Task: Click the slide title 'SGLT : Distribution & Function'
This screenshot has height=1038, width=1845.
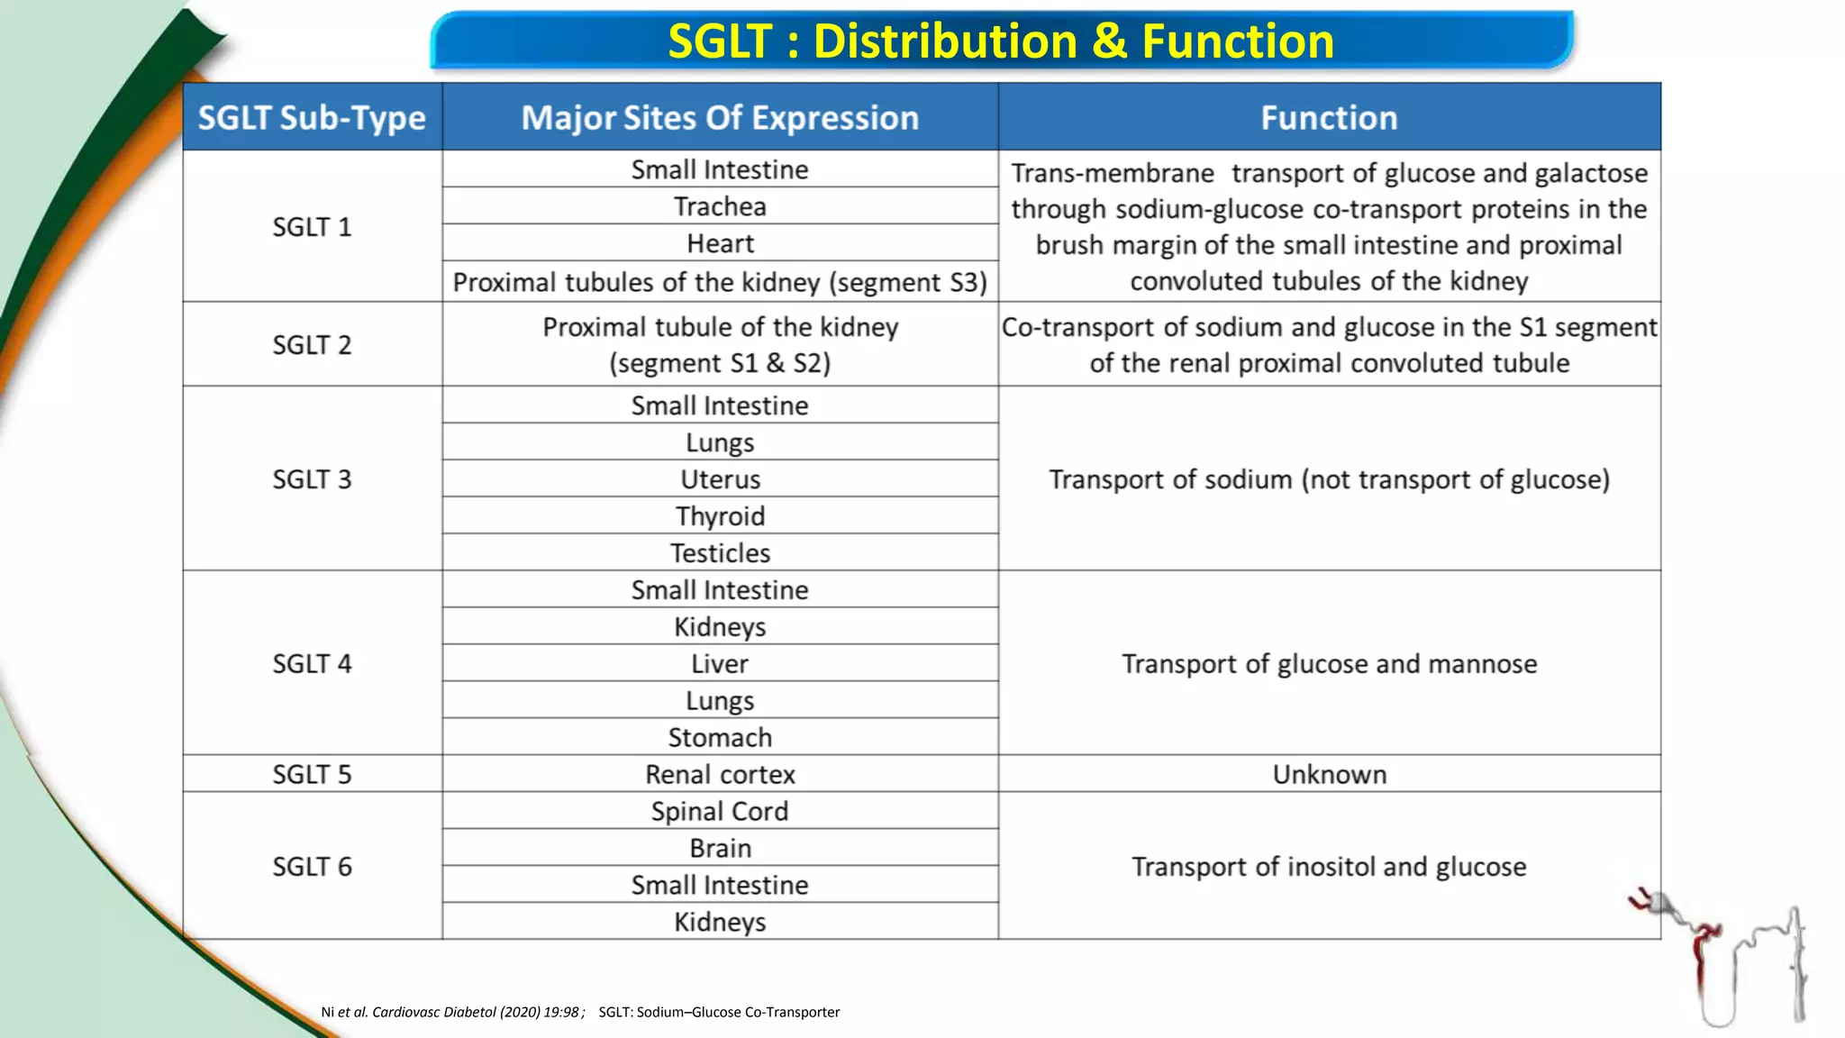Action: (1001, 41)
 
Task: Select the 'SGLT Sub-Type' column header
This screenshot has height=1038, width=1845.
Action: (312, 118)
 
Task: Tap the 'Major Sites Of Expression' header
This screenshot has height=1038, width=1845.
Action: (720, 118)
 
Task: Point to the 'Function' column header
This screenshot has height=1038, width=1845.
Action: (1329, 118)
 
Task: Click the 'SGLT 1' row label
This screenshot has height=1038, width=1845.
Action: (312, 227)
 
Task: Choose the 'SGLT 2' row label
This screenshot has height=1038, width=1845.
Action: (312, 345)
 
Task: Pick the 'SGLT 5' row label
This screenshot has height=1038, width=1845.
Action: (312, 774)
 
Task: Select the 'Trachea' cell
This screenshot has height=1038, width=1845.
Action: (720, 206)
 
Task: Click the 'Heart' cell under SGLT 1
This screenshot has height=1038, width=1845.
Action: (720, 243)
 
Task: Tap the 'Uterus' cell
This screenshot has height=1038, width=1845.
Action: (720, 479)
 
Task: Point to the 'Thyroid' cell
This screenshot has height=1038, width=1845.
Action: (720, 516)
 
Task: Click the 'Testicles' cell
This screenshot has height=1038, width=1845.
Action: (720, 552)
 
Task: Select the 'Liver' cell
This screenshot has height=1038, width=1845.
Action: (720, 664)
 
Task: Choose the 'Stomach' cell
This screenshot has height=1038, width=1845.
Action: (720, 737)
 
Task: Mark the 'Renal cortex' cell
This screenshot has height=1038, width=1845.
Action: (720, 774)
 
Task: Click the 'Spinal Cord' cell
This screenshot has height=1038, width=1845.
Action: (720, 811)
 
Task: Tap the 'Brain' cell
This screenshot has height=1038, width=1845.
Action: (720, 848)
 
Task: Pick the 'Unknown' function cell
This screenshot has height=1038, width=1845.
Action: (1329, 774)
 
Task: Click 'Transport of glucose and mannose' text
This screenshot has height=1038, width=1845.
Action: (1329, 664)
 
